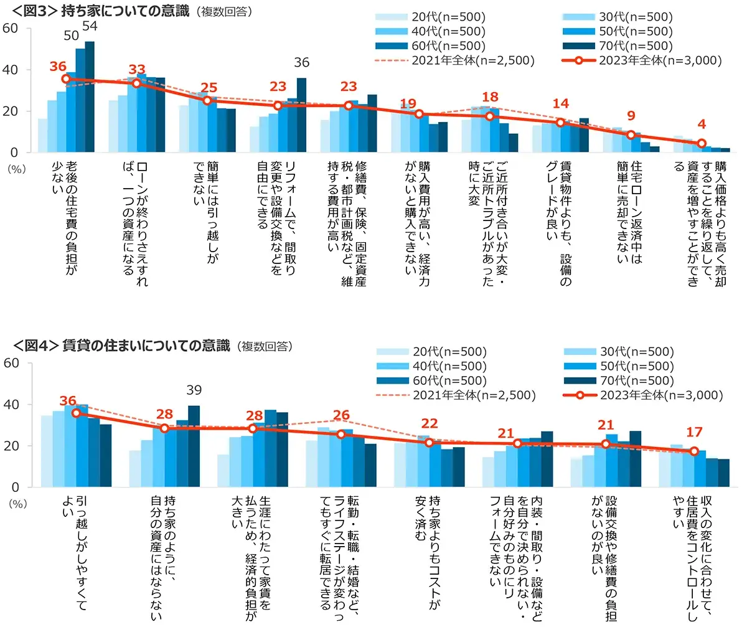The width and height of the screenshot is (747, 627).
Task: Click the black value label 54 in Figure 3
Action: coord(90,26)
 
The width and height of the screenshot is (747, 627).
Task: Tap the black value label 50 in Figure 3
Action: coord(72,36)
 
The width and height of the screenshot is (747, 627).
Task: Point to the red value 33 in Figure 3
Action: coord(136,69)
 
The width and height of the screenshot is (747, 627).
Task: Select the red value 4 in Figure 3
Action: coord(702,124)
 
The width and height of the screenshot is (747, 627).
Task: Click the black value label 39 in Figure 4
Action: coord(194,390)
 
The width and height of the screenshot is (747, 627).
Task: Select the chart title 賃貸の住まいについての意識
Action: coord(146,346)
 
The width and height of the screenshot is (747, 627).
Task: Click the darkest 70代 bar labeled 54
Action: coord(90,97)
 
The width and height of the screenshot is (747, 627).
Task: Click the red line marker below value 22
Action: coord(429,442)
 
